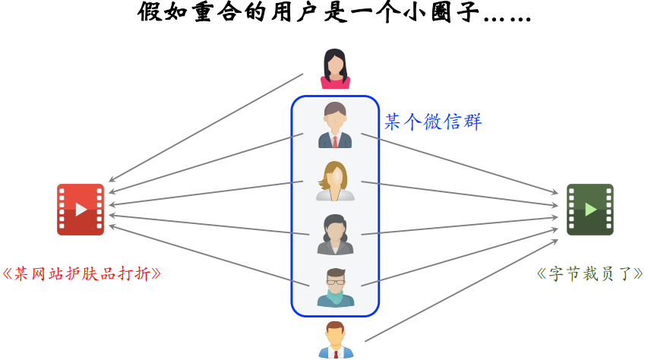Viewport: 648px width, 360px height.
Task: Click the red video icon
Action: [x=81, y=209]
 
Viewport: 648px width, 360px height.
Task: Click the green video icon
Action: [x=590, y=209]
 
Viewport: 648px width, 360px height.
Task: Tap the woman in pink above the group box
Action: [x=335, y=68]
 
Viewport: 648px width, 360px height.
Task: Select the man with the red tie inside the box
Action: [x=335, y=125]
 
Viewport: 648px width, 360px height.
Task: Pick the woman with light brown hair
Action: [x=335, y=181]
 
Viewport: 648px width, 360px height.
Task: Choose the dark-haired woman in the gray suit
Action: [x=335, y=234]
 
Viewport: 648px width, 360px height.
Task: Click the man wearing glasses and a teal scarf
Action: [x=335, y=286]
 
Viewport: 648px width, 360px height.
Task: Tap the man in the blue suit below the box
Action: [x=335, y=339]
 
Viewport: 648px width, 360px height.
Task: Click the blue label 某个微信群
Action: [x=432, y=122]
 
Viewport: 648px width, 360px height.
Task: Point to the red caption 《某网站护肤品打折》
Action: [x=82, y=273]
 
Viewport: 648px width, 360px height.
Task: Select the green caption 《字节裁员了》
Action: [x=589, y=273]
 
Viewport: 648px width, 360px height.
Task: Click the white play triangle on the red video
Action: [x=81, y=209]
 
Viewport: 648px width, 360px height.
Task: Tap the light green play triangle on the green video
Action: [x=590, y=209]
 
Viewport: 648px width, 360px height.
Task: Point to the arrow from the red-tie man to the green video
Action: [x=460, y=168]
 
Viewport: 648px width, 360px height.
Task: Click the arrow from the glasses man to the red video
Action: [x=209, y=255]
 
